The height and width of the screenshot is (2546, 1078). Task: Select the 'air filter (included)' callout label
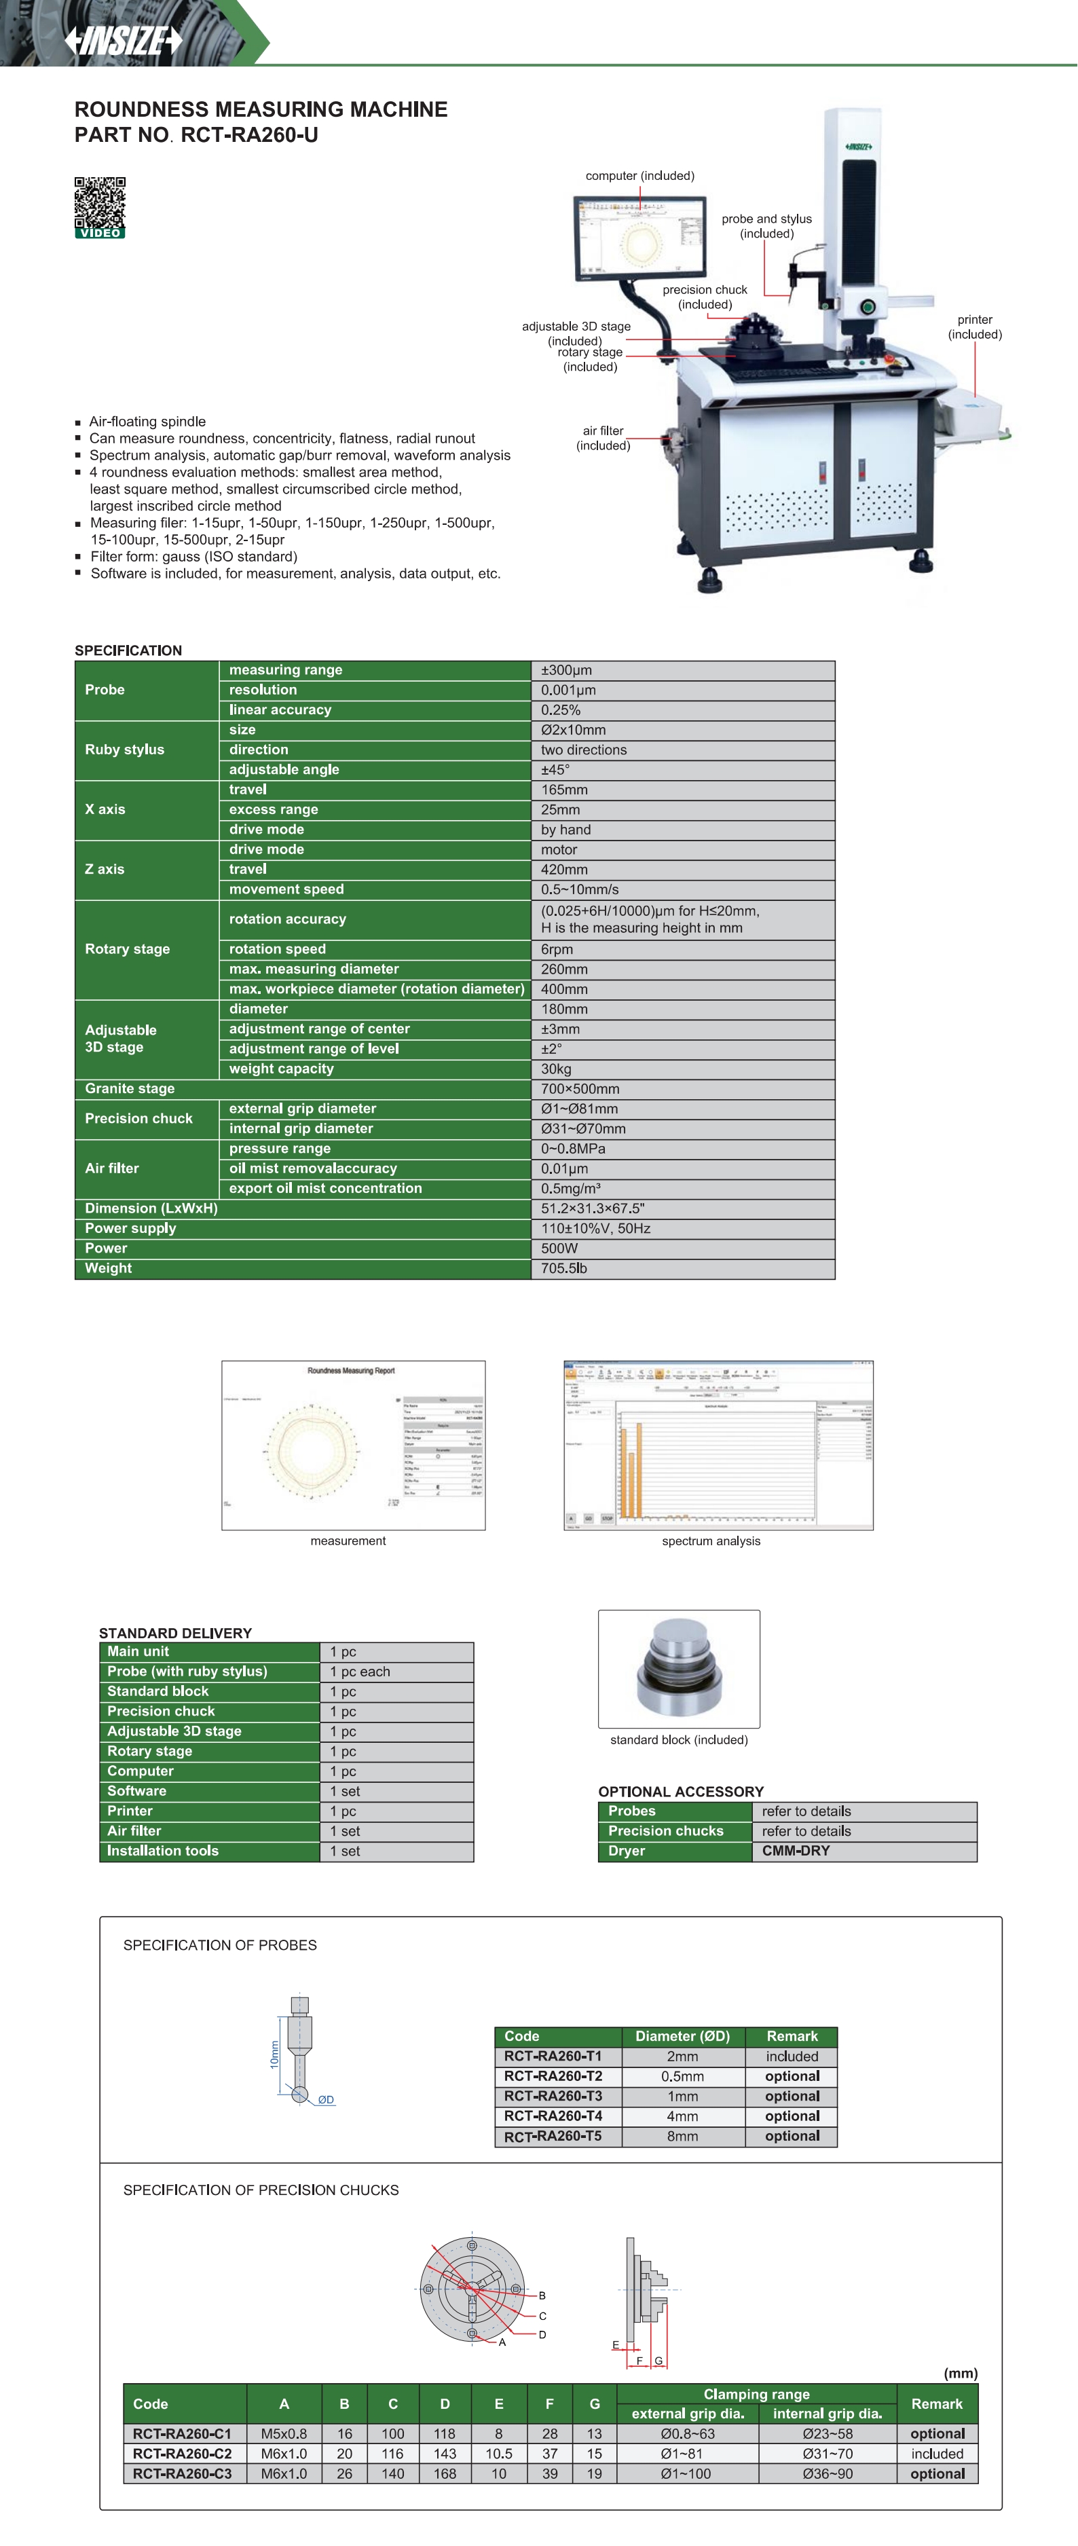point(603,438)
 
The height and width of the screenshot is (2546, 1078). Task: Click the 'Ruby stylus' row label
point(124,749)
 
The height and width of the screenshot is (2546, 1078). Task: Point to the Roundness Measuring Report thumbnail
point(353,1444)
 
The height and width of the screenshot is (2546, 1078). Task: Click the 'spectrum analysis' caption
point(711,1541)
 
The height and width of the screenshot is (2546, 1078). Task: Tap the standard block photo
point(679,1667)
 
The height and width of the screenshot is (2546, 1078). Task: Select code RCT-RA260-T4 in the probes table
point(553,2116)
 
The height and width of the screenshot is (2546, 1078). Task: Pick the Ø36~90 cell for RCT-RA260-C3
point(827,2474)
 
